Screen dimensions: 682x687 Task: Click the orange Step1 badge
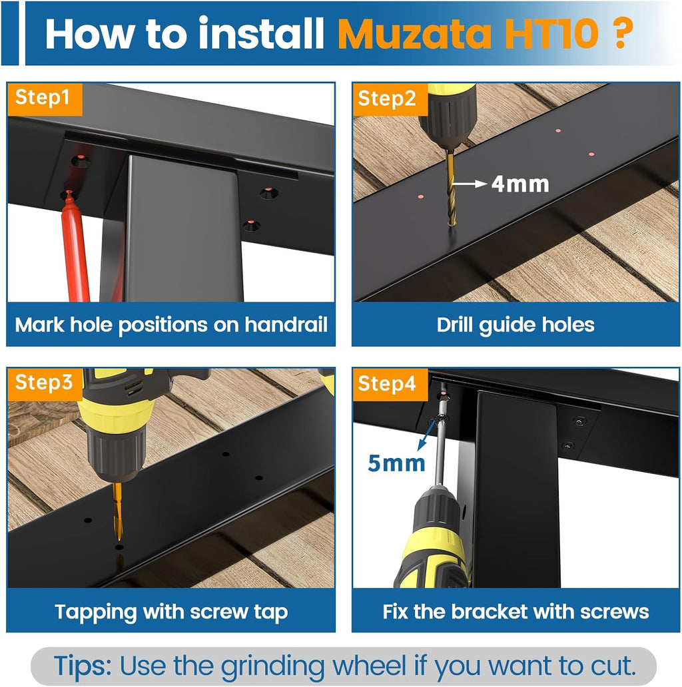tap(45, 99)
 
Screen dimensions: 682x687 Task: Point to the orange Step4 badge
tap(390, 384)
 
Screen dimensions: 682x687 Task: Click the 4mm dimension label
tap(520, 184)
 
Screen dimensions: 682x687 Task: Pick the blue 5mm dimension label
tap(397, 463)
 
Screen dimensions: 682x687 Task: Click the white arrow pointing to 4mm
tap(469, 184)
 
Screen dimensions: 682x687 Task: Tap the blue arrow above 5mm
tap(426, 434)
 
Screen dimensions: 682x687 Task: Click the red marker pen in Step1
tap(75, 246)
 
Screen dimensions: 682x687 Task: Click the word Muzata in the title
tap(415, 34)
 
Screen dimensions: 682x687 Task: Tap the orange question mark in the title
tap(621, 33)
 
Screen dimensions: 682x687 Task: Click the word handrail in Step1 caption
tap(286, 325)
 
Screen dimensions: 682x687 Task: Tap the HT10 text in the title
tap(551, 33)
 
